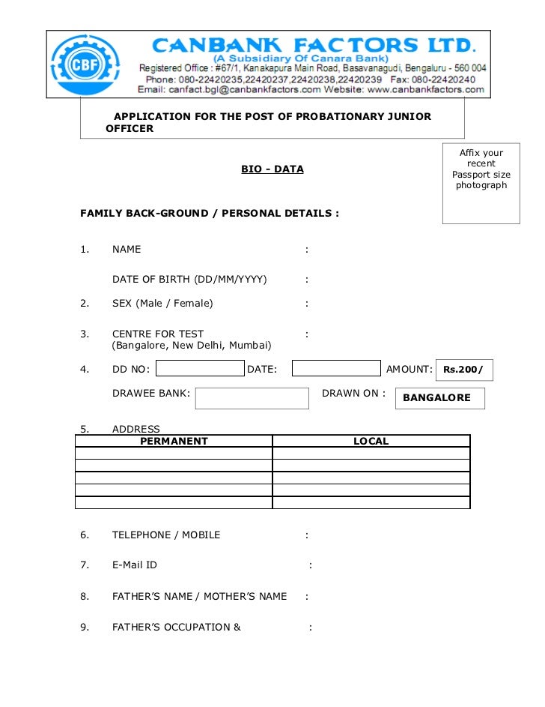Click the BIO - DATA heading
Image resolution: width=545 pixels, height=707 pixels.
pyautogui.click(x=272, y=169)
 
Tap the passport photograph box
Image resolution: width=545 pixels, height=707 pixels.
pyautogui.click(x=481, y=183)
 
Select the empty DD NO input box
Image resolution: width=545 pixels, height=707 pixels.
pyautogui.click(x=200, y=368)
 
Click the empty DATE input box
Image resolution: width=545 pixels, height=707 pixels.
pyautogui.click(x=336, y=368)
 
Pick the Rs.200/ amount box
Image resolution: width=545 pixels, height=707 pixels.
pyautogui.click(x=463, y=369)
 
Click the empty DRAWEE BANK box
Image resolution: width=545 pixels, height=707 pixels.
pyautogui.click(x=252, y=398)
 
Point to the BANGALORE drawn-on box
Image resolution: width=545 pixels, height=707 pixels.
pyautogui.click(x=439, y=398)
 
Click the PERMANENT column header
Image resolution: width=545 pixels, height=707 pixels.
pyautogui.click(x=174, y=442)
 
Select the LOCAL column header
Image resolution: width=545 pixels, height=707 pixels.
pyautogui.click(x=371, y=442)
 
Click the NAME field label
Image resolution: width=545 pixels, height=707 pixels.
pyautogui.click(x=127, y=249)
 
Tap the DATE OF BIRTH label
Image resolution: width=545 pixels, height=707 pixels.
pyautogui.click(x=189, y=280)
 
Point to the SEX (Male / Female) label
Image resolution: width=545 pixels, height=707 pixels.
pyautogui.click(x=162, y=303)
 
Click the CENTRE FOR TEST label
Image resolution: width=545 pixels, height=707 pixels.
pyautogui.click(x=158, y=334)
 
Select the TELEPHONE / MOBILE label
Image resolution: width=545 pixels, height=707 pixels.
pyautogui.click(x=166, y=535)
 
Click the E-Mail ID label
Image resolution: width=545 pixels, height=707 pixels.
pyautogui.click(x=135, y=565)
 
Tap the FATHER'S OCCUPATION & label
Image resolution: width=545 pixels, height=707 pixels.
pyautogui.click(x=177, y=626)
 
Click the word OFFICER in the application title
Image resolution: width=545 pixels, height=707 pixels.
pyautogui.click(x=130, y=128)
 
